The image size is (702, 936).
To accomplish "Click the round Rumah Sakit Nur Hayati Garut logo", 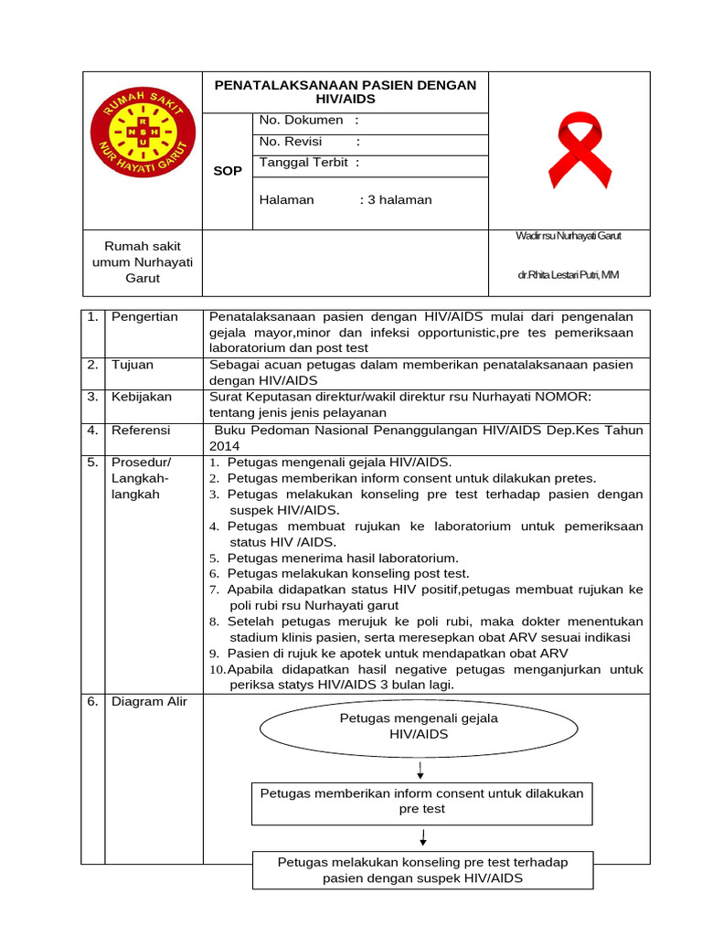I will [x=142, y=136].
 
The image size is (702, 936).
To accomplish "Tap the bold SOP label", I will [x=228, y=171].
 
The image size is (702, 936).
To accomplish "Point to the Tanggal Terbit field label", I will [x=309, y=163].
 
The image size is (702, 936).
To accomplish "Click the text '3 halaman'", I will [x=400, y=200].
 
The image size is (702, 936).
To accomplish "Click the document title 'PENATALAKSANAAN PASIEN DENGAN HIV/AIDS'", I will [x=345, y=91].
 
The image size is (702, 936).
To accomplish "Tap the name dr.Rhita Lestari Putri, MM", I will [x=569, y=274].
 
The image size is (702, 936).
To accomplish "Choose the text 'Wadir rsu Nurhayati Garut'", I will [x=569, y=236].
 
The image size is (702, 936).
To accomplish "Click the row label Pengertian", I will [x=144, y=317].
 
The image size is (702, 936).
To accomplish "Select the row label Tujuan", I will [x=133, y=365].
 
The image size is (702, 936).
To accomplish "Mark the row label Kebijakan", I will [x=141, y=398].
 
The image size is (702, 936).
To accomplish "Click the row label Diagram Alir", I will [x=147, y=703].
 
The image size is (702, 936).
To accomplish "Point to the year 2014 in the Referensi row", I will [x=225, y=446].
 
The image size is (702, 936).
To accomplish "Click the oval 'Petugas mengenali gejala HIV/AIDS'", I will [x=419, y=727].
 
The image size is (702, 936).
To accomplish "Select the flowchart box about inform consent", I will [x=421, y=802].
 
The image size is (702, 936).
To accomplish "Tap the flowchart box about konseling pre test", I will [x=421, y=870].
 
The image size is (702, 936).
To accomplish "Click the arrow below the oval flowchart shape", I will [x=420, y=769].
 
